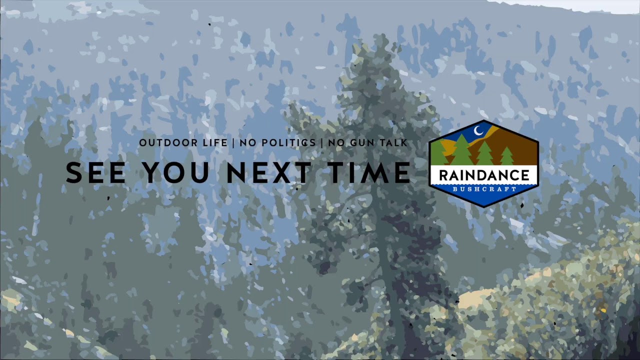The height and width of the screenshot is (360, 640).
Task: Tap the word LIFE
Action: point(215,143)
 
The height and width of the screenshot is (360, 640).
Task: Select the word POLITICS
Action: point(290,143)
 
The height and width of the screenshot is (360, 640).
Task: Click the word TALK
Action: point(394,143)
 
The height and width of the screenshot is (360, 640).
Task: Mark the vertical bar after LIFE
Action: point(233,143)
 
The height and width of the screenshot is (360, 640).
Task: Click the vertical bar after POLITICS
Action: point(322,143)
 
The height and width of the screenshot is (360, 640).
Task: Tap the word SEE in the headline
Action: point(95,173)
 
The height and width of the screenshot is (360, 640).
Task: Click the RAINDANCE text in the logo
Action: point(483,175)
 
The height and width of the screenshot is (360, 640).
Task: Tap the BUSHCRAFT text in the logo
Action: point(483,189)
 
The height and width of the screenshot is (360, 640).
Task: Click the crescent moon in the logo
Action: point(478,131)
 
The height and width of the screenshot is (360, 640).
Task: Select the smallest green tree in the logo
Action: point(507,156)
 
